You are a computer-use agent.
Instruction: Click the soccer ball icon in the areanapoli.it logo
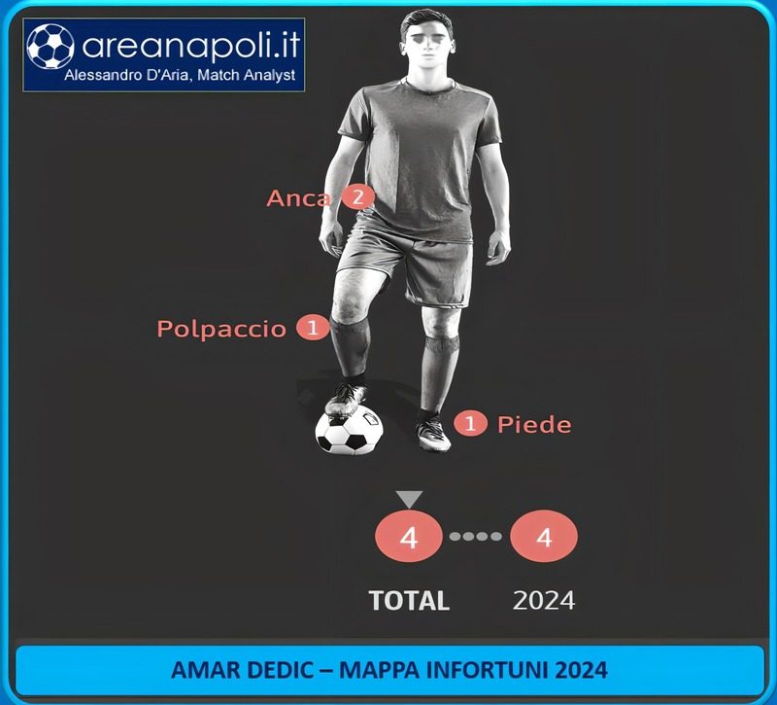51,46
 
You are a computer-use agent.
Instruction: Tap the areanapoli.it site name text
191,45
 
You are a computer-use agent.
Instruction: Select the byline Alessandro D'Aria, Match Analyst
180,76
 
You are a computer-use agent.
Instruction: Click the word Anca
298,198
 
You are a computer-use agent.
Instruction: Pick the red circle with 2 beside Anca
357,197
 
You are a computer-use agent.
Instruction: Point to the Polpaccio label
221,329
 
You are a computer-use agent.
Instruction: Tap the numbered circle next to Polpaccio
313,328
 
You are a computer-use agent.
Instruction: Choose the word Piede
534,425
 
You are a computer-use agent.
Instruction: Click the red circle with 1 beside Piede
470,424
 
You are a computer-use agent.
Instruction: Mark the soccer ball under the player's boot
350,430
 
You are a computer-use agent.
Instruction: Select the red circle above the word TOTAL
409,537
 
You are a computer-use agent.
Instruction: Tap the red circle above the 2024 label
544,537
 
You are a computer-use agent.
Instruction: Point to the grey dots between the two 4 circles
476,537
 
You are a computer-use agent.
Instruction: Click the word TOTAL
409,600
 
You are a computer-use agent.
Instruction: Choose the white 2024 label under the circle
544,600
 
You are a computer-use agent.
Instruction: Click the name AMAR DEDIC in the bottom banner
242,670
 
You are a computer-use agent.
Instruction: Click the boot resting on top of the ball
346,400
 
